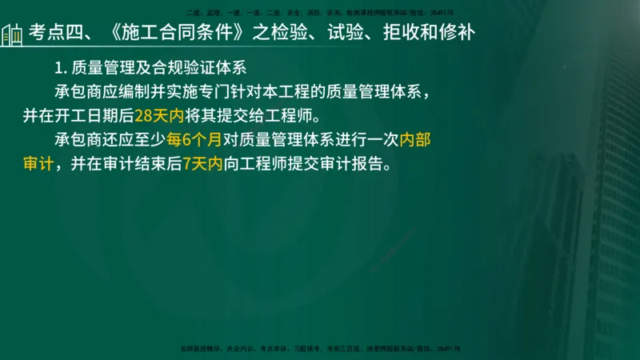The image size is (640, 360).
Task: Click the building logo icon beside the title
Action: coord(13,34)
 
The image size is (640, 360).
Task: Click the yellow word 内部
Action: coord(415,141)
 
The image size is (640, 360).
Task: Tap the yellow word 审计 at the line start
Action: coord(38,165)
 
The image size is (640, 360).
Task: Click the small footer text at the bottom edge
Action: coord(320,349)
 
